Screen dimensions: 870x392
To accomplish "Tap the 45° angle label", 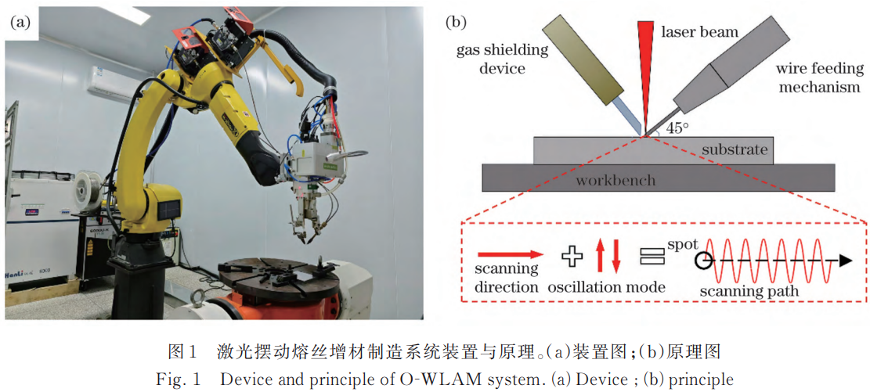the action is point(675,128).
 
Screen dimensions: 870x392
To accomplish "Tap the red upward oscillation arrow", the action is point(601,256).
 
